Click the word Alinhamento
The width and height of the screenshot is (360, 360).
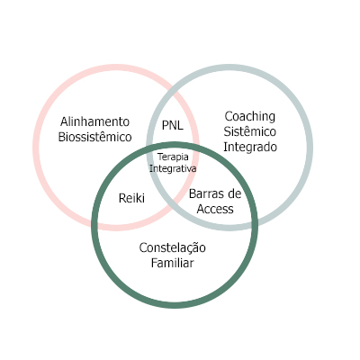coord(94,121)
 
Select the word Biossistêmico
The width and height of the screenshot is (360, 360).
coord(94,137)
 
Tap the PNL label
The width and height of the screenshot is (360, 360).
coord(173,125)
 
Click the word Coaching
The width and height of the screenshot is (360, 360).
coord(250,117)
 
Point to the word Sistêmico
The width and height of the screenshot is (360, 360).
coord(250,131)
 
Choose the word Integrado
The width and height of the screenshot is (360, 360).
coord(250,148)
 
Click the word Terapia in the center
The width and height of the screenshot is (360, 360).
coord(173,157)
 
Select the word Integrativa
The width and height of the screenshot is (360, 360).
coord(173,168)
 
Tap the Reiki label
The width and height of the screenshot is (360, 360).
coord(131,198)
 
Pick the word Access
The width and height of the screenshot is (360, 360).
coord(215,209)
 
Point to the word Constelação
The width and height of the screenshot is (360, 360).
coord(173,248)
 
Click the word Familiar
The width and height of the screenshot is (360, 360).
coord(173,263)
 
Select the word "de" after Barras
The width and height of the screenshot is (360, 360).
coord(234,193)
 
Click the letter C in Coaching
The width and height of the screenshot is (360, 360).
coord(229,116)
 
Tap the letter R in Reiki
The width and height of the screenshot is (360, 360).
coord(122,198)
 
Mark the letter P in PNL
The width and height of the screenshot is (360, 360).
coord(166,125)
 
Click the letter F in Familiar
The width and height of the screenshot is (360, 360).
coord(155,263)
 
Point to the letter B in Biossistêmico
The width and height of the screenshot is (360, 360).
coord(62,137)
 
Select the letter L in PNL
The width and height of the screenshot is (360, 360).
coord(180,125)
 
